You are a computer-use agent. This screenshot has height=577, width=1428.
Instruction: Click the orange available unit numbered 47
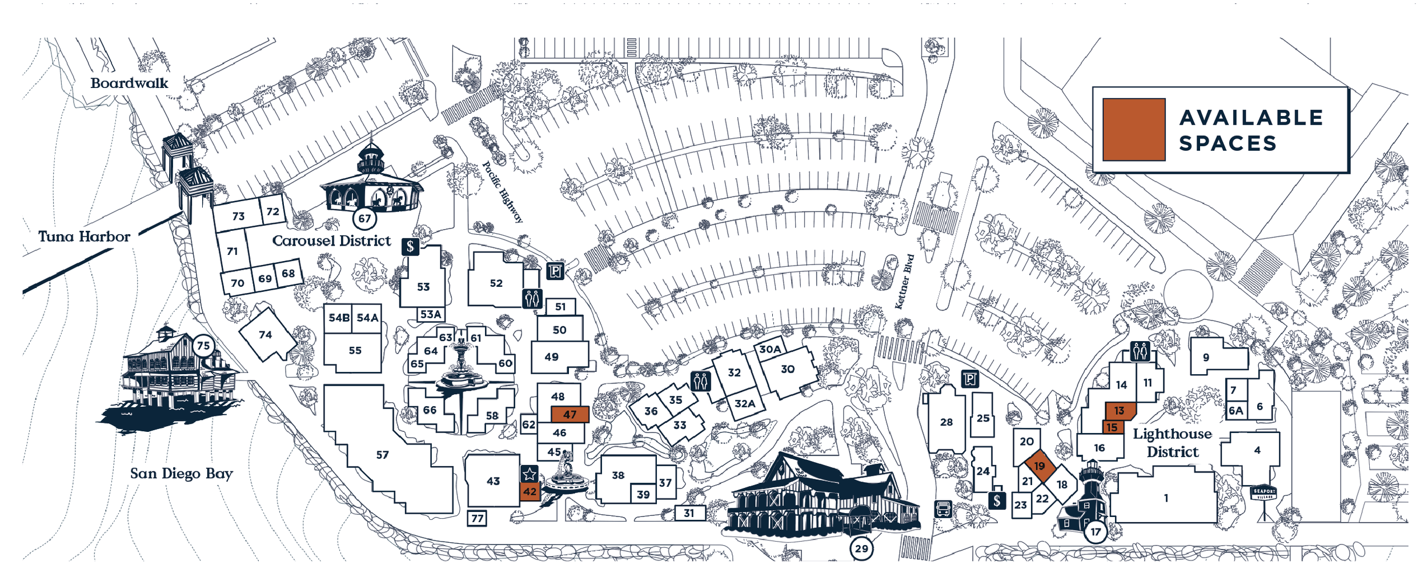pos(569,414)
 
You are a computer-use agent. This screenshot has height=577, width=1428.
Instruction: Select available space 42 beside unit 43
pos(530,491)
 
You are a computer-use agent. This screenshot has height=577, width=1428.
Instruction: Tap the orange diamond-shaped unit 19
pos(1040,466)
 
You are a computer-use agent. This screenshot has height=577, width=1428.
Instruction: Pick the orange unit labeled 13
pos(1120,410)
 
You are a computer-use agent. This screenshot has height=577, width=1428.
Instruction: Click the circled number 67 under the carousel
pos(364,218)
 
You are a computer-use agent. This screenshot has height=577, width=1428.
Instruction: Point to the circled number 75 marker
pos(203,345)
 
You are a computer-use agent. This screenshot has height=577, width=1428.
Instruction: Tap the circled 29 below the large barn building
pos(861,549)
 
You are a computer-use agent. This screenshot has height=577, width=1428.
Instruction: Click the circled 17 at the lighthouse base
pos(1095,532)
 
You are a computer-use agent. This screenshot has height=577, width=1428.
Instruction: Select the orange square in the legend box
pos(1133,130)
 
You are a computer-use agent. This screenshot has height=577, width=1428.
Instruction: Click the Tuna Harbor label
pos(84,237)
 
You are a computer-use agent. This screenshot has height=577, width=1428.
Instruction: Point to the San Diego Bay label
pos(181,474)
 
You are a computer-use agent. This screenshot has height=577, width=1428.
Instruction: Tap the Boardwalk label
pos(129,83)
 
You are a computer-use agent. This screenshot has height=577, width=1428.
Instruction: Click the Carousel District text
pos(331,241)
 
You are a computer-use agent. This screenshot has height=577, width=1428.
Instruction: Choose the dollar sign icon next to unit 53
pos(410,247)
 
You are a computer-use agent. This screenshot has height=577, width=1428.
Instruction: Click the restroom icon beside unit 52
pos(532,298)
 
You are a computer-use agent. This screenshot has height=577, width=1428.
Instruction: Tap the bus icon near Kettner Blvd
pos(943,508)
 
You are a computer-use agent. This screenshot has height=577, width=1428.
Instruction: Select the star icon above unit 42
pos(530,474)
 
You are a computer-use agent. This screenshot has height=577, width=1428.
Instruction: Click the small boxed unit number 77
pos(477,518)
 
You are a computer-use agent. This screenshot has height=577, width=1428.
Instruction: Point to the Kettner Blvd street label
pos(904,282)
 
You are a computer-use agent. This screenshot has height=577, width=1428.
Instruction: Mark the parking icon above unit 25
pos(970,378)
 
